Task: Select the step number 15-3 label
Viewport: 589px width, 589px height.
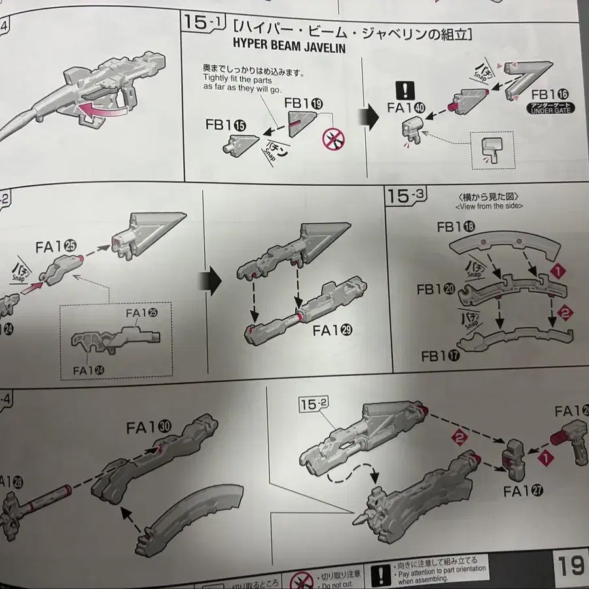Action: coord(406,195)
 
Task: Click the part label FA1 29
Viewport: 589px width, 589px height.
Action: coord(332,330)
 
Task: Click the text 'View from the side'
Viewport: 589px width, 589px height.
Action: coord(484,205)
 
